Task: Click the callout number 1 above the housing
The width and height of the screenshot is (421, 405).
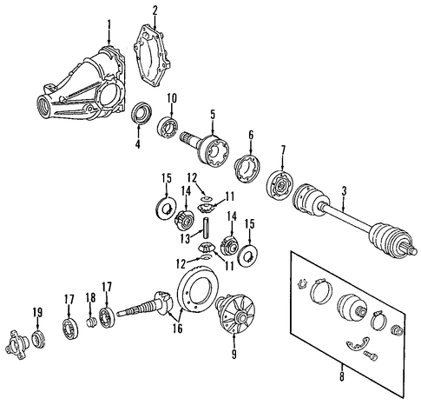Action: coord(109,25)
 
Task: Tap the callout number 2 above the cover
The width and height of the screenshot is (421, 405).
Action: coord(155,10)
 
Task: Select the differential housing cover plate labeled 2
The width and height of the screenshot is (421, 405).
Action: coord(152,56)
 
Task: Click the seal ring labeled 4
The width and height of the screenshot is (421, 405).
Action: coord(141,113)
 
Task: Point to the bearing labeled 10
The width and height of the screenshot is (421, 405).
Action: coord(168,127)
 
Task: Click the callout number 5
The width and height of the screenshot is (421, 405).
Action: coord(213,115)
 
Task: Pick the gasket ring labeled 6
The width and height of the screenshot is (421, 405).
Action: coord(247,169)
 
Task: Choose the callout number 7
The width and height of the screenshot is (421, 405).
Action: coord(283,150)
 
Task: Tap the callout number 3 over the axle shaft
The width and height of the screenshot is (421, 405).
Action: coord(344,191)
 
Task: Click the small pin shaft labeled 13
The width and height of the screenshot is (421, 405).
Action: coord(206,227)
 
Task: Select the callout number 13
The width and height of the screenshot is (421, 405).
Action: coord(186,239)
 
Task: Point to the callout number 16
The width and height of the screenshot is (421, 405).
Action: coord(178,328)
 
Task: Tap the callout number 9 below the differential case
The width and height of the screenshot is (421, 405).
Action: coord(234,354)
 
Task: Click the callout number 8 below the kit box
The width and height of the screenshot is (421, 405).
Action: coord(342,376)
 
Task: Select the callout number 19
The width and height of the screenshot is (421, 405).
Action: coord(37,313)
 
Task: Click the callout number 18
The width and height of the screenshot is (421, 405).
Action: coord(90,297)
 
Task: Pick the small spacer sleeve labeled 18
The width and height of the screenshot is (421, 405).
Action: coord(92,322)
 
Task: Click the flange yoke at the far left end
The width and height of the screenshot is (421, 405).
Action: coord(17,344)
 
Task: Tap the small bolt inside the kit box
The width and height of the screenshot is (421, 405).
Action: coord(371,355)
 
